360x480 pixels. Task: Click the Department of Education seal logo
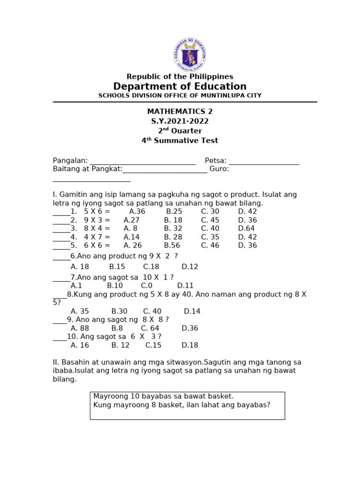(189, 55)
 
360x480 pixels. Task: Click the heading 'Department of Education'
(180, 87)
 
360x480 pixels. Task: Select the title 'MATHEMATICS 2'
(180, 112)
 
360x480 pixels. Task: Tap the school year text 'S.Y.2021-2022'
(180, 121)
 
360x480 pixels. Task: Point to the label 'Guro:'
(219, 169)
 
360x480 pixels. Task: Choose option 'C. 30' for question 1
(210, 212)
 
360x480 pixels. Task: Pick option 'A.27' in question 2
(132, 220)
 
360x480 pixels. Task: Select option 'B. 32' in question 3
(173, 229)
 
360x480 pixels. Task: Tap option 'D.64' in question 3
(247, 229)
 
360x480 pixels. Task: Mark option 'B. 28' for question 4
(173, 237)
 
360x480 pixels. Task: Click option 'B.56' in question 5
(172, 246)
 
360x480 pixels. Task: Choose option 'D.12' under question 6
(190, 267)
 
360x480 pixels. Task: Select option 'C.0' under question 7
(146, 285)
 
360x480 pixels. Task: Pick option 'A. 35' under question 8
(80, 311)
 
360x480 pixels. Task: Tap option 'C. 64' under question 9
(150, 329)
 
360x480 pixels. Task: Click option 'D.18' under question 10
(190, 345)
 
